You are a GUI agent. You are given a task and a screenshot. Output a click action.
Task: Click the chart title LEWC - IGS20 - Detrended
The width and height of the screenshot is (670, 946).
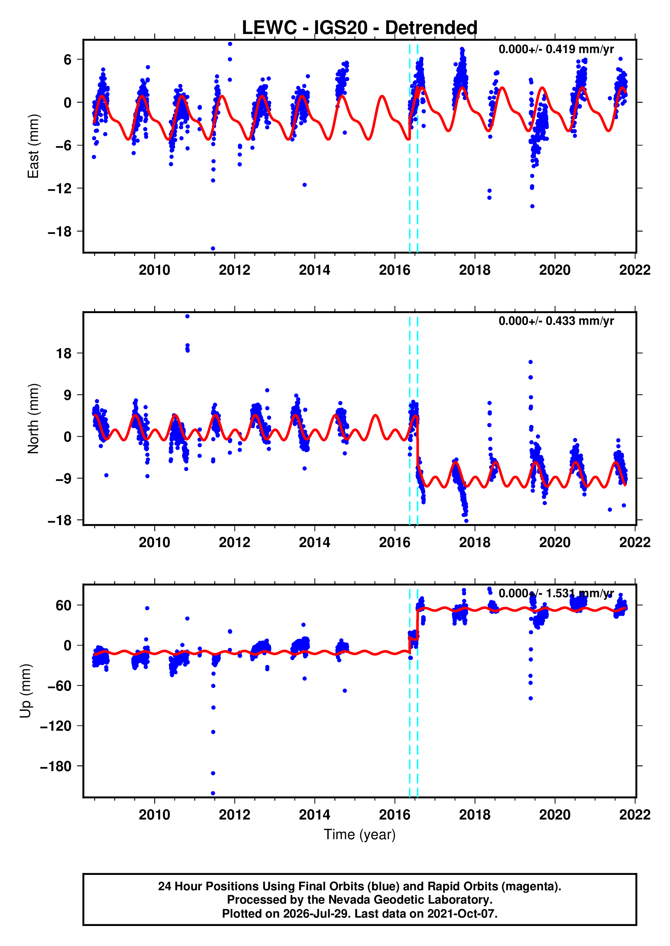tap(359, 28)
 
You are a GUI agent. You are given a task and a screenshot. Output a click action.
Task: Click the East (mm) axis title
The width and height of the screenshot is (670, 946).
tap(33, 146)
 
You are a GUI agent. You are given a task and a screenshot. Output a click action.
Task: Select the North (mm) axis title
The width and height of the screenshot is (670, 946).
tap(33, 419)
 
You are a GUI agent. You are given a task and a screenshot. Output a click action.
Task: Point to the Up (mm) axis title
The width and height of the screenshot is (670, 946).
tap(26, 691)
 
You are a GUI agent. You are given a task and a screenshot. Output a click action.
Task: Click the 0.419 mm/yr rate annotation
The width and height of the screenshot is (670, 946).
tap(556, 49)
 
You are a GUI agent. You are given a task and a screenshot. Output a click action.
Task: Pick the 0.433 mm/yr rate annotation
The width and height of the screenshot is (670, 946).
tap(556, 321)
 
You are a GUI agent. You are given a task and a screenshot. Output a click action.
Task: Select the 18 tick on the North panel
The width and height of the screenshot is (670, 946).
tap(64, 353)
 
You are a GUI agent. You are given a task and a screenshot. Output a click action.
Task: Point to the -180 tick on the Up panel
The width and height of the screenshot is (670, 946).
tap(56, 766)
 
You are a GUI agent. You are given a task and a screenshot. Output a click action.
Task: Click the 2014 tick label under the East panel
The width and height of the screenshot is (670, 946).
tap(314, 270)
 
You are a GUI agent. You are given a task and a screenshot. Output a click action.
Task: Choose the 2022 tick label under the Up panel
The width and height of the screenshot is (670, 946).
tap(635, 814)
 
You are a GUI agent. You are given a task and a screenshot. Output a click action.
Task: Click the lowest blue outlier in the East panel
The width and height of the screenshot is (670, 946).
tap(213, 248)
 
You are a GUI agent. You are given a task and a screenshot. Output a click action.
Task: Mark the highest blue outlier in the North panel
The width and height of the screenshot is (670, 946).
tap(187, 316)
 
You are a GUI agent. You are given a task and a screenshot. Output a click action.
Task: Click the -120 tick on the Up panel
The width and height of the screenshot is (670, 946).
tap(56, 726)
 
